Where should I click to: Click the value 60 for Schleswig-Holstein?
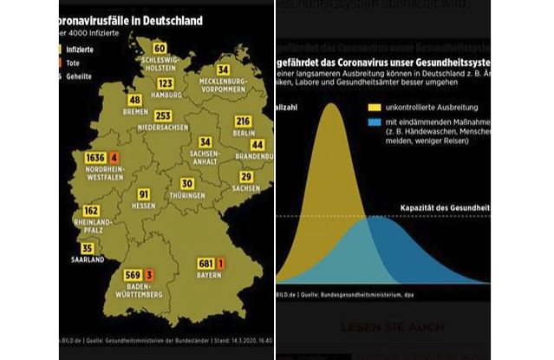coord(159,48)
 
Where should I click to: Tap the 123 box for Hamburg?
coord(166,83)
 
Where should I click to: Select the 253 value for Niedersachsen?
coord(163,115)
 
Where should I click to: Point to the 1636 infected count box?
coord(95,157)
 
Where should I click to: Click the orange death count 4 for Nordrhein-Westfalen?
coord(114,157)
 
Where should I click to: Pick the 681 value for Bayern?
coord(205,263)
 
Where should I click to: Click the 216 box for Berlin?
coord(244,121)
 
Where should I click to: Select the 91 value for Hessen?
coord(145,194)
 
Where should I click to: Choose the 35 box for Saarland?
coord(88,248)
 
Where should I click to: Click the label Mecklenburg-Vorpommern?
coord(224,85)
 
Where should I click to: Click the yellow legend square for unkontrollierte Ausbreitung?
coord(375,107)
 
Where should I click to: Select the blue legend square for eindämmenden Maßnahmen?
coord(375,124)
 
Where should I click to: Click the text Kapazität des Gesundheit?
coord(444,209)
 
